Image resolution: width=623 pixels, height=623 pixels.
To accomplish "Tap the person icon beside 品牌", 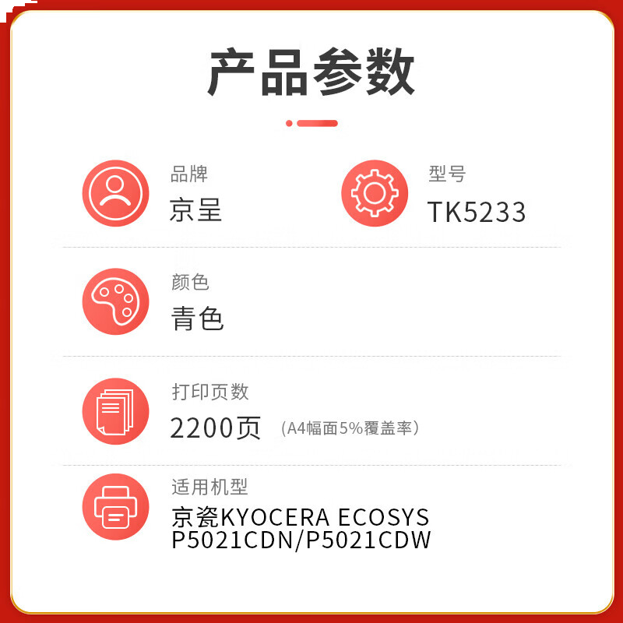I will tap(115, 193).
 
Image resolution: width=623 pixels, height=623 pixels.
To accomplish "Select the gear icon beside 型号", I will tap(375, 193).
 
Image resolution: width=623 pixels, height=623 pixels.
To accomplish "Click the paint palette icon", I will tap(115, 301).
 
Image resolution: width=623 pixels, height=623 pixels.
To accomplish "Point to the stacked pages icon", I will tap(115, 411).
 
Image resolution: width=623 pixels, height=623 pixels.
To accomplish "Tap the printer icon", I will tap(115, 507).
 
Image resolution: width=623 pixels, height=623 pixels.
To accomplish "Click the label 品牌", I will tap(189, 174).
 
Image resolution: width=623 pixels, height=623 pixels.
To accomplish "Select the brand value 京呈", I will tap(195, 210).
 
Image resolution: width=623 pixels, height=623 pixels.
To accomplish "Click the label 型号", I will tap(447, 174).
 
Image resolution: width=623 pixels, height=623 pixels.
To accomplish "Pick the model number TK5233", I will tap(477, 212).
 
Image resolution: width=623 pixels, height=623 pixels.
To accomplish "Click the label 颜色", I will tap(190, 282).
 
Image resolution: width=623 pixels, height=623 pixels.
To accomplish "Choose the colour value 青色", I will tap(198, 319).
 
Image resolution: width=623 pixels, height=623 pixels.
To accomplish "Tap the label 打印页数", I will tap(210, 392).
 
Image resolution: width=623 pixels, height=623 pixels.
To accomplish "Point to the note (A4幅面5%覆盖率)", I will tap(350, 428).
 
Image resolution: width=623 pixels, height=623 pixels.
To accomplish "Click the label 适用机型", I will tap(209, 487).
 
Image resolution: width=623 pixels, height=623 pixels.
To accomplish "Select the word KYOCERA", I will tap(276, 517).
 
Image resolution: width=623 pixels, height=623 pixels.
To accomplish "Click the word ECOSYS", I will tap(383, 517).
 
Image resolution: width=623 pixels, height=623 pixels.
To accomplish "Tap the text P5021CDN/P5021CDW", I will tap(301, 540).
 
